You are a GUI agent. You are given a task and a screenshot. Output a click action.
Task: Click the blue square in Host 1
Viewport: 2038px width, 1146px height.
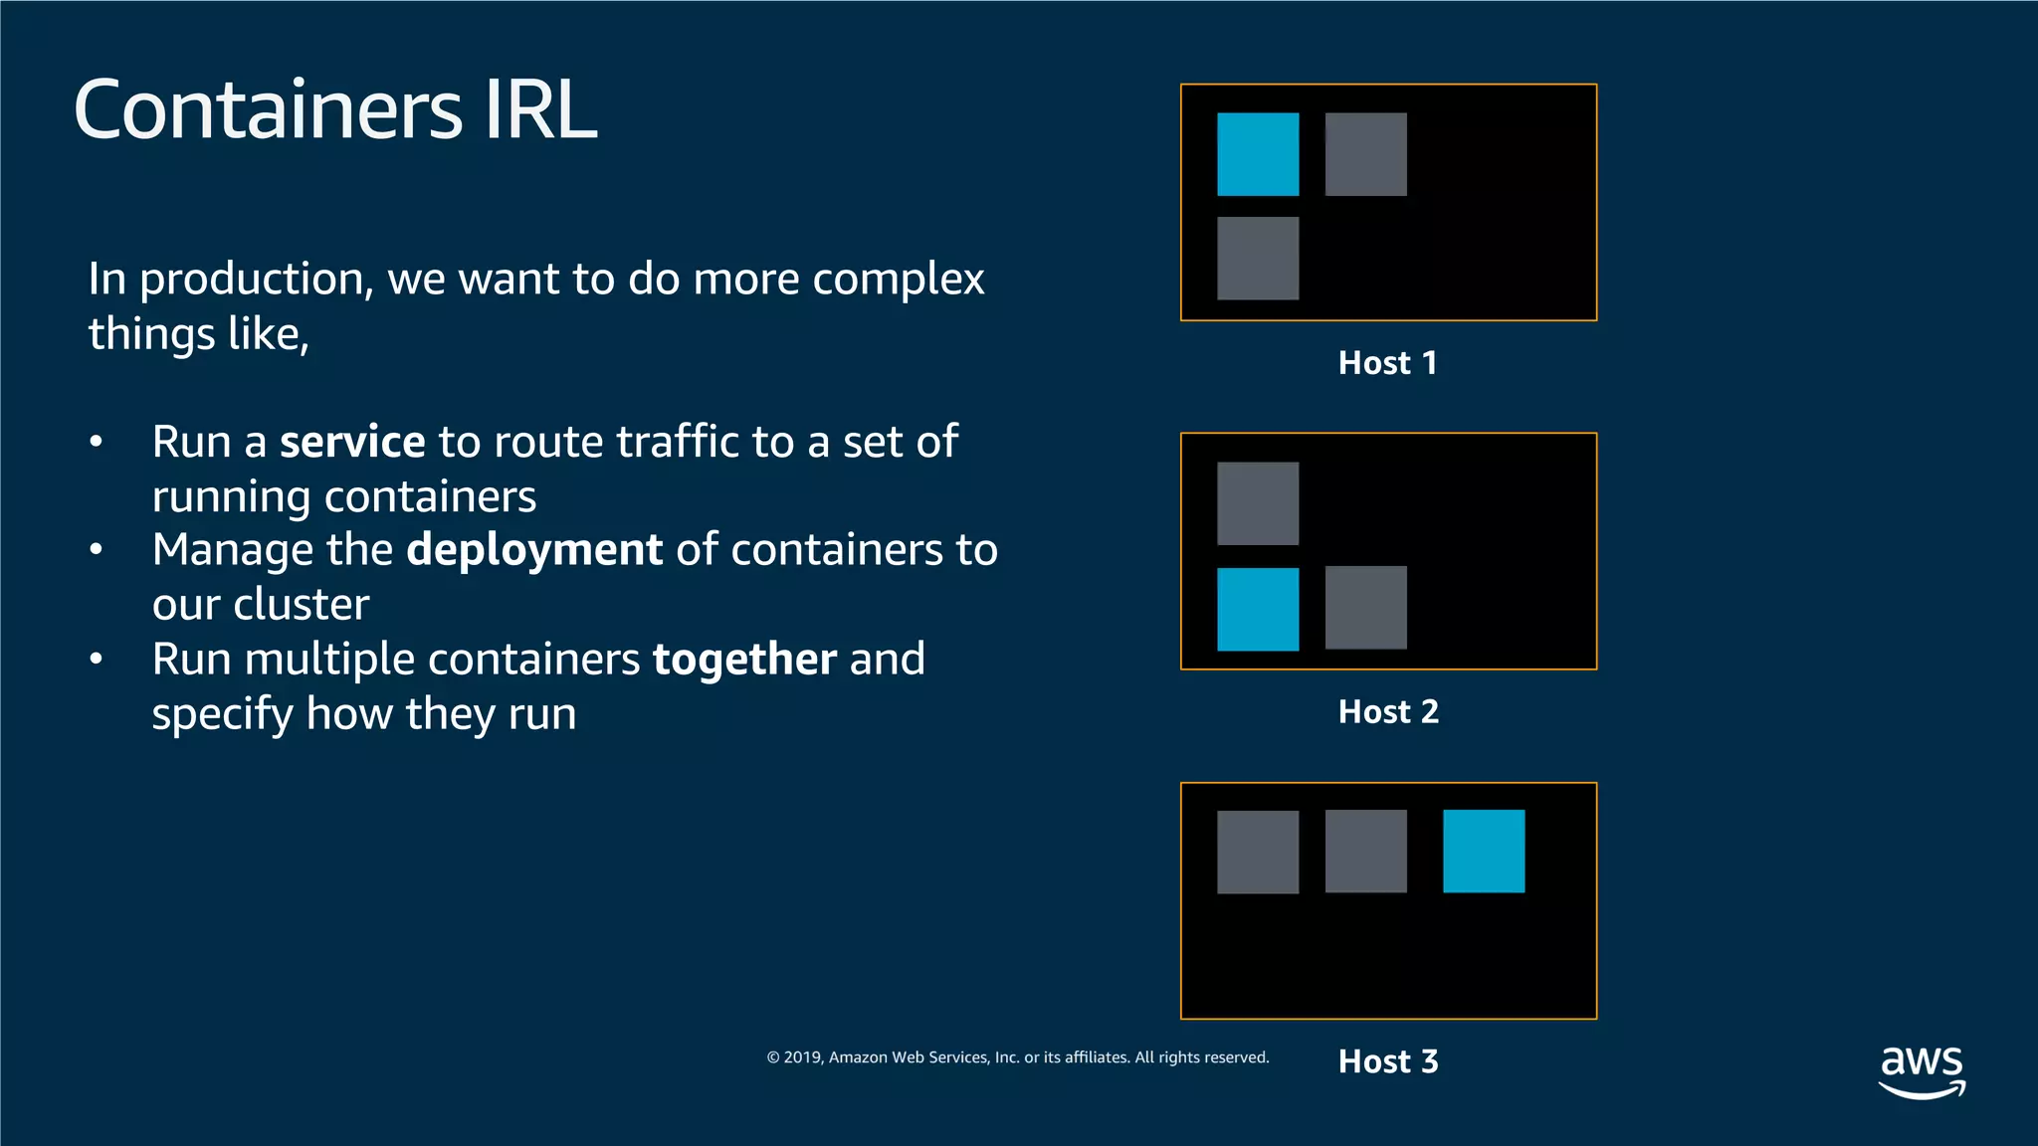1258,154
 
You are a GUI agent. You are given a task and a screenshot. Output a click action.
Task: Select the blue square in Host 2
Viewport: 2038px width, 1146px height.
1258,609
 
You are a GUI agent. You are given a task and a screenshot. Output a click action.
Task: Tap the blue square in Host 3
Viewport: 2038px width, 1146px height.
1484,851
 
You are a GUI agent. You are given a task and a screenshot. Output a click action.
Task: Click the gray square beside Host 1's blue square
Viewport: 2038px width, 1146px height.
1365,154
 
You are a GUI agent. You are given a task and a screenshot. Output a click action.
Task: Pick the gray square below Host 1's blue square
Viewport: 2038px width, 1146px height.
1258,259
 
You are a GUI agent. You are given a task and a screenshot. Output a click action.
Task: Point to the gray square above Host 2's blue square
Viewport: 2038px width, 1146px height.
1258,503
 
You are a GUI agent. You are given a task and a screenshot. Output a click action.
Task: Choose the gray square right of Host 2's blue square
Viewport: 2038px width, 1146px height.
1365,608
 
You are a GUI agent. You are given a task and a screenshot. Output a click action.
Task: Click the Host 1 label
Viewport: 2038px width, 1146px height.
1388,363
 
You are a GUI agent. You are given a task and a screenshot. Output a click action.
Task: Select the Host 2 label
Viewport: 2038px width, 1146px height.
1388,712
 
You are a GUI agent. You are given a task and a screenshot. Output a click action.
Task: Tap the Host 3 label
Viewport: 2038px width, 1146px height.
1388,1061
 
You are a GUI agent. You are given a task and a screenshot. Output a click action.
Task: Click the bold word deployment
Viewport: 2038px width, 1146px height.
534,550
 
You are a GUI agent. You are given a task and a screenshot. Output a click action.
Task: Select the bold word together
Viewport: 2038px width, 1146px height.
744,660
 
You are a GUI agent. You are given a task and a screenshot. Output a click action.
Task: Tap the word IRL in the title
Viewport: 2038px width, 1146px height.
540,109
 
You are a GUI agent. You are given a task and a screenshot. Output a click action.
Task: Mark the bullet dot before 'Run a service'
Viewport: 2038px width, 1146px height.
97,443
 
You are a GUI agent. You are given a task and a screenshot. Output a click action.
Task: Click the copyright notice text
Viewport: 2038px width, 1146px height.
1017,1057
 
